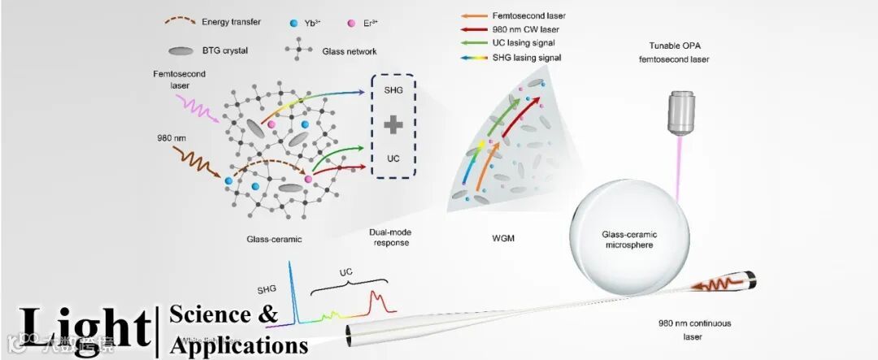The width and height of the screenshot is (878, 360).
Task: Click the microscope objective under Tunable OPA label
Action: tap(681, 112)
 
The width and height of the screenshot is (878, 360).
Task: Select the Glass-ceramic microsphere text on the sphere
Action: tap(633, 239)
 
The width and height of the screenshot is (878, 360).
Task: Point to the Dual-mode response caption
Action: tap(383, 236)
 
